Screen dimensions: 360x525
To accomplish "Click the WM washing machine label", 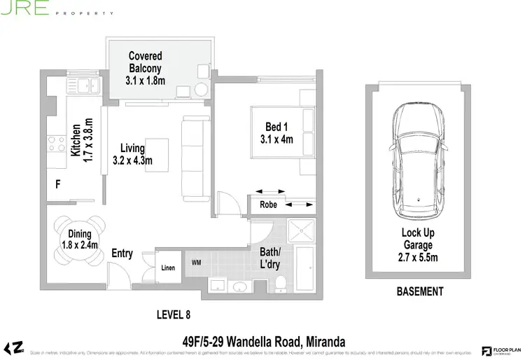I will tap(197, 263).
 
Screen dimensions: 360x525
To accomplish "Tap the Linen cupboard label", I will tap(168, 268).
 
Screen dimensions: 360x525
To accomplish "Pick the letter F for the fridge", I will tap(59, 185).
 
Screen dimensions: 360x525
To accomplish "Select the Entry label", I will tap(122, 254).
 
